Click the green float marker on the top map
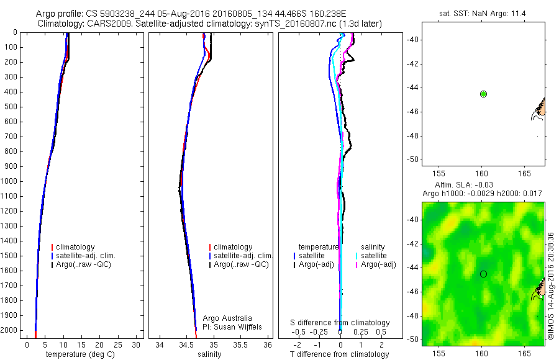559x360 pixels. pos(484,94)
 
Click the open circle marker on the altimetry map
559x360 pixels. pos(483,274)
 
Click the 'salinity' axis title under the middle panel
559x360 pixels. pos(209,354)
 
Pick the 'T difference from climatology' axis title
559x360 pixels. pos(339,354)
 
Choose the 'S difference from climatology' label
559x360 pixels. pos(340,323)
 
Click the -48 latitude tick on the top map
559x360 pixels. pos(412,135)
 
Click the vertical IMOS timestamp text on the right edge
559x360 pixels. pos(550,286)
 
